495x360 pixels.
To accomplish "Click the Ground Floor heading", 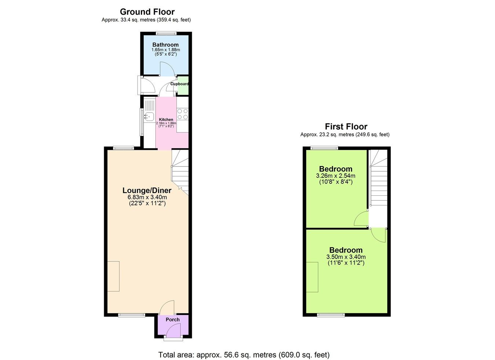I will pos(147,12).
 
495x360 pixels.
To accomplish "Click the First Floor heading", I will pos(346,126).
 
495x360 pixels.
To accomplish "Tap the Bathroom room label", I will pos(165,45).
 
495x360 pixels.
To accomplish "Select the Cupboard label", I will pos(180,84).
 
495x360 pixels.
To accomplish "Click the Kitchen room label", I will pos(166,120).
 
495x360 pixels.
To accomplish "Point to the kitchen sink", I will pos(148,117).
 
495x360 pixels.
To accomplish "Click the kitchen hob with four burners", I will pos(183,114).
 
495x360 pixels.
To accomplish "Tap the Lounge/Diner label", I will pos(147,190).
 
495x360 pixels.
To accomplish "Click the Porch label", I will pos(173,320).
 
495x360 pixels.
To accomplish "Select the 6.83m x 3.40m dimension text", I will pos(147,197).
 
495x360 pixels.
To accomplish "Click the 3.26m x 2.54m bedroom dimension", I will pos(335,176).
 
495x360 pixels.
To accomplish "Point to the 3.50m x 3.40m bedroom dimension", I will pos(346,257).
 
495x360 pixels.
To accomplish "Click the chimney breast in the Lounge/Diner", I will pos(113,276).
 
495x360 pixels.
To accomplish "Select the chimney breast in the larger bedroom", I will pos(312,277).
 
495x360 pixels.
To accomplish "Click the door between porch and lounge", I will pos(167,307).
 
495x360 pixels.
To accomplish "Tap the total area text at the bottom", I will pos(244,355).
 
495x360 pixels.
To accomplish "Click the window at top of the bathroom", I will pos(166,33).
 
